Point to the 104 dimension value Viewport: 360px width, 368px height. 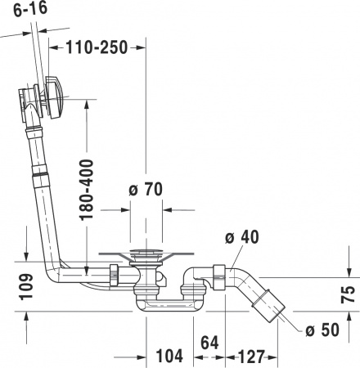(x=168, y=357)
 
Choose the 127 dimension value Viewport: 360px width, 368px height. (x=250, y=357)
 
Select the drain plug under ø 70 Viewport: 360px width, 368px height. (x=147, y=254)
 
